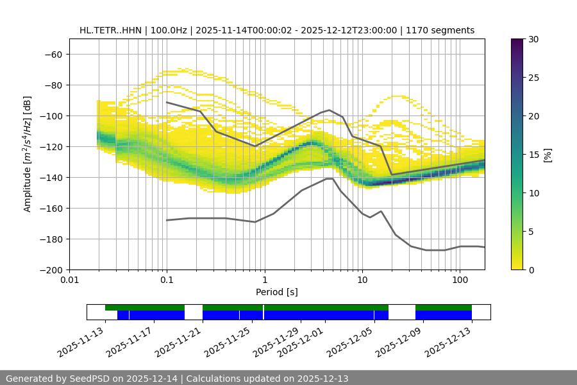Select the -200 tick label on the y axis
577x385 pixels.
(x=51, y=269)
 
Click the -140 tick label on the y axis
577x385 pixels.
(x=51, y=177)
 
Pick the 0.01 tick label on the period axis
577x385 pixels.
(x=69, y=280)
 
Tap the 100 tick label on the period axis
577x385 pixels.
(x=460, y=280)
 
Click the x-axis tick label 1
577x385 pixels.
(x=265, y=280)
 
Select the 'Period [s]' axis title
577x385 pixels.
(x=277, y=293)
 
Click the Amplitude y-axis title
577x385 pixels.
(x=28, y=154)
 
